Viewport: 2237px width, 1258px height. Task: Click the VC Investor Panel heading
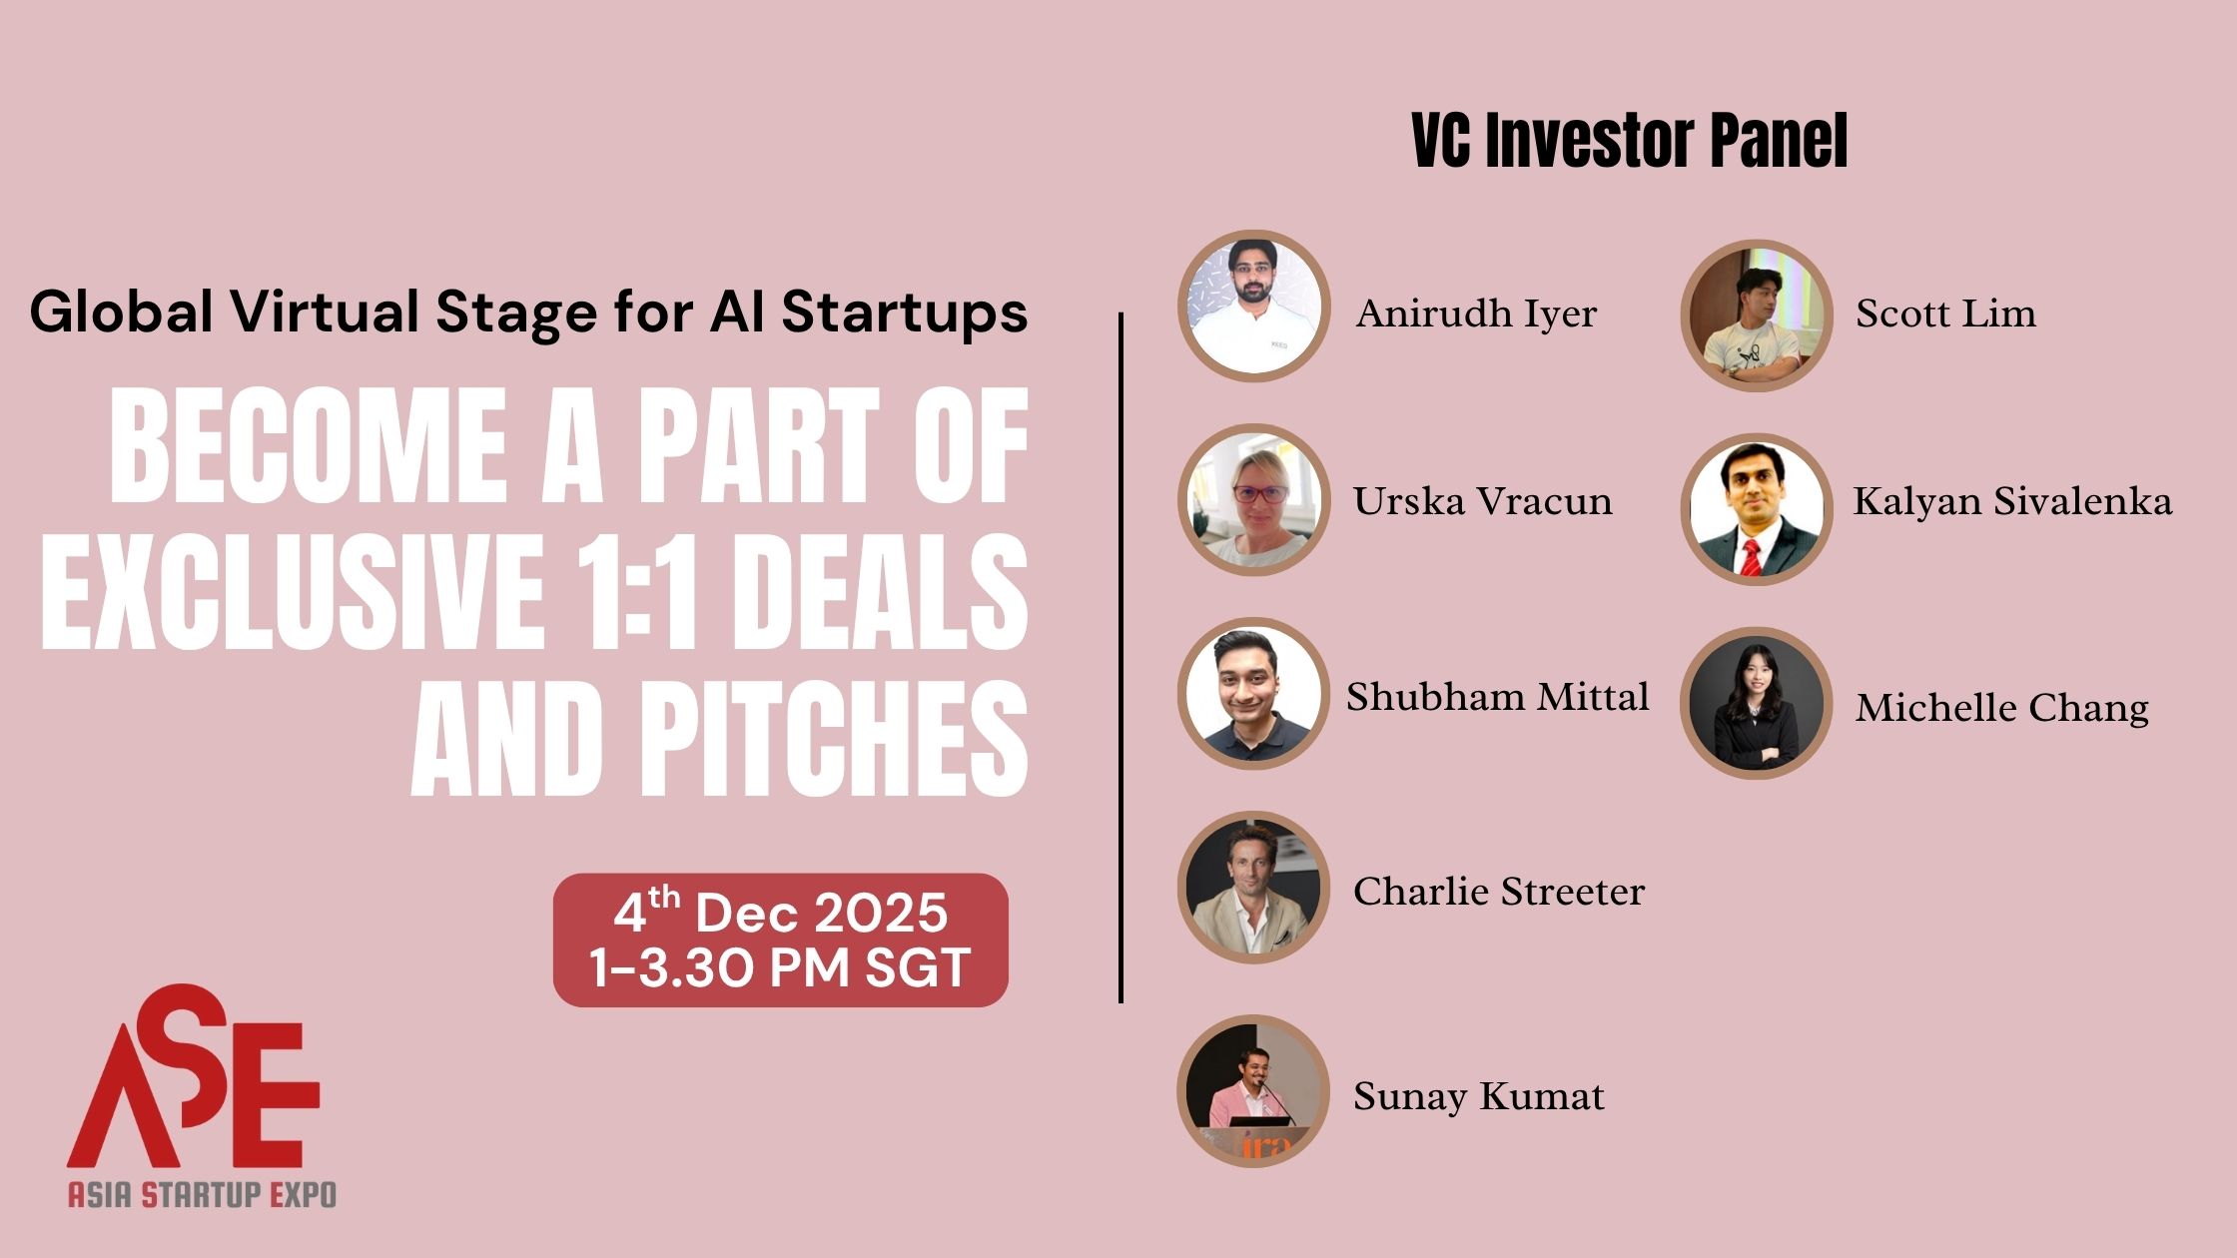tap(1630, 141)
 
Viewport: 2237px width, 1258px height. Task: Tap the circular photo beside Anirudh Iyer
tap(1254, 307)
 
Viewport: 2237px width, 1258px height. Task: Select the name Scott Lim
tap(1945, 314)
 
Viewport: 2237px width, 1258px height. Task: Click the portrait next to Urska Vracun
tap(1254, 500)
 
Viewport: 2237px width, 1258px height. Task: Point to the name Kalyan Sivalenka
tap(2012, 501)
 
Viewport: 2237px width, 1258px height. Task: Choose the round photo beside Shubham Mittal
tap(1254, 694)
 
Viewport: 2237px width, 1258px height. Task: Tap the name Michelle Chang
tap(2001, 709)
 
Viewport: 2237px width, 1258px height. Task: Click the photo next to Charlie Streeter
tap(1254, 888)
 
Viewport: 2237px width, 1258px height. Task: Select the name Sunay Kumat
tap(1478, 1096)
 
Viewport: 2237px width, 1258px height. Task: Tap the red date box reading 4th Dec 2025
tap(781, 941)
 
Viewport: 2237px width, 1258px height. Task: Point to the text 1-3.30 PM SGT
tap(780, 967)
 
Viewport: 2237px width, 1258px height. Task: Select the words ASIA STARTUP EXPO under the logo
tap(202, 1194)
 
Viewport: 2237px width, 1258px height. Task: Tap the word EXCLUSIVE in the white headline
tap(292, 591)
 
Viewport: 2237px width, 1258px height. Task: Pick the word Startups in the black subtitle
tap(905, 312)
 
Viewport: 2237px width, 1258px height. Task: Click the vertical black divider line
tap(1121, 657)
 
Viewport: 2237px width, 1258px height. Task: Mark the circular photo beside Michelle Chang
tap(1757, 703)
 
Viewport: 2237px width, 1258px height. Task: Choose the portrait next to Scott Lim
tap(1757, 315)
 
